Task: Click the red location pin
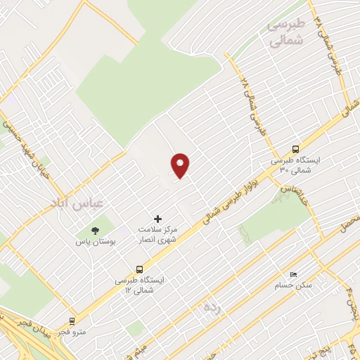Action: tap(181, 165)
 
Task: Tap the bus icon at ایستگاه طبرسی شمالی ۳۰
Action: tap(295, 149)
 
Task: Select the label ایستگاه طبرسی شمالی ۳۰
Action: tap(295, 165)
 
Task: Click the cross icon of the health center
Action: tap(157, 219)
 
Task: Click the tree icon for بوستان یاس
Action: tap(95, 231)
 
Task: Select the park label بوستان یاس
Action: tap(95, 241)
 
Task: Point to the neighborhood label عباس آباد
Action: tap(77, 202)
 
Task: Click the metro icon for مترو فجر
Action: tap(72, 321)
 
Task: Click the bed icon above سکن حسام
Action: tap(293, 275)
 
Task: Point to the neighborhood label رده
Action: tap(210, 307)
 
